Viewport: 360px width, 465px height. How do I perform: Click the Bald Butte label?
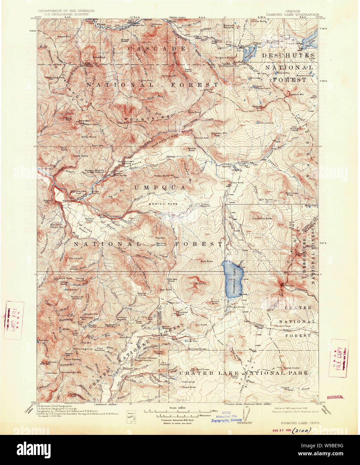pos(207,261)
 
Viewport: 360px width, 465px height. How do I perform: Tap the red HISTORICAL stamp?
pos(335,397)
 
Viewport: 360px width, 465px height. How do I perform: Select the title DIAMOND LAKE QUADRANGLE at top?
pos(290,15)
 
